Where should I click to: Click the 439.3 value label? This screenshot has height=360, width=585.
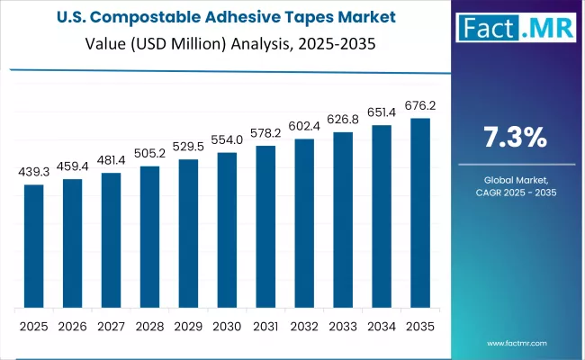pyautogui.click(x=33, y=171)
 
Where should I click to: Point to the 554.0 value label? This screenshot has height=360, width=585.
pyautogui.click(x=227, y=139)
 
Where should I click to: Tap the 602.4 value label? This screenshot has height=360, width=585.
pyautogui.click(x=304, y=126)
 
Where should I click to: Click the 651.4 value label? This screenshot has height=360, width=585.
pyautogui.click(x=382, y=112)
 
